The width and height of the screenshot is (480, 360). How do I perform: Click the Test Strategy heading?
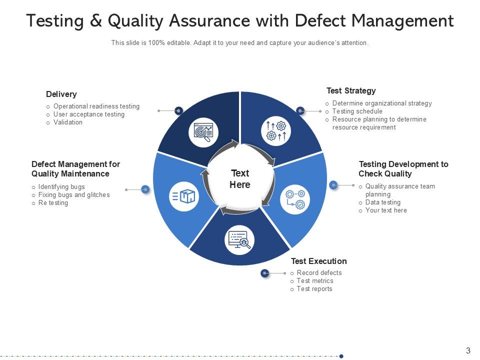pyautogui.click(x=351, y=91)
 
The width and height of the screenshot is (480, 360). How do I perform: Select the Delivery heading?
pyautogui.click(x=61, y=94)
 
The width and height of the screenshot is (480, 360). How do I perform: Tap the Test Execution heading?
pyautogui.click(x=318, y=261)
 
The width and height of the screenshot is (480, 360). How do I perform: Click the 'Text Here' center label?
pyautogui.click(x=240, y=178)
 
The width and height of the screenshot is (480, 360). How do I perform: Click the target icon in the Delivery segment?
pyautogui.click(x=203, y=132)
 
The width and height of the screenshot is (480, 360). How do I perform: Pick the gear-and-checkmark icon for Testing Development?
pyautogui.click(x=295, y=199)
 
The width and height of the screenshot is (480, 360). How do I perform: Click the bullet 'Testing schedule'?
pyautogui.click(x=357, y=111)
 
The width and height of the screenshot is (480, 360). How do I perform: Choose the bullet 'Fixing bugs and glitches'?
pyautogui.click(x=74, y=195)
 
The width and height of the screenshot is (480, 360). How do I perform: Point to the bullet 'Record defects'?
pyautogui.click(x=319, y=273)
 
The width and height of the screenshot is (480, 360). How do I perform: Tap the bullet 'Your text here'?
pyautogui.click(x=386, y=210)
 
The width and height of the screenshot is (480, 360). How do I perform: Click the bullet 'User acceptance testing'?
pyautogui.click(x=89, y=114)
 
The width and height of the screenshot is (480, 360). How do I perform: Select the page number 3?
pyautogui.click(x=468, y=350)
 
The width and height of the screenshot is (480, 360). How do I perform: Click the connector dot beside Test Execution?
pyautogui.click(x=265, y=273)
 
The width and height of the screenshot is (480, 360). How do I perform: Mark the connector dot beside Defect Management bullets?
pyautogui.click(x=145, y=189)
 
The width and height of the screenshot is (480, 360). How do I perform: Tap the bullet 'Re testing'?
pyautogui.click(x=53, y=203)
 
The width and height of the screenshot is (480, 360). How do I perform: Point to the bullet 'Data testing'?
pyautogui.click(x=382, y=202)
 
